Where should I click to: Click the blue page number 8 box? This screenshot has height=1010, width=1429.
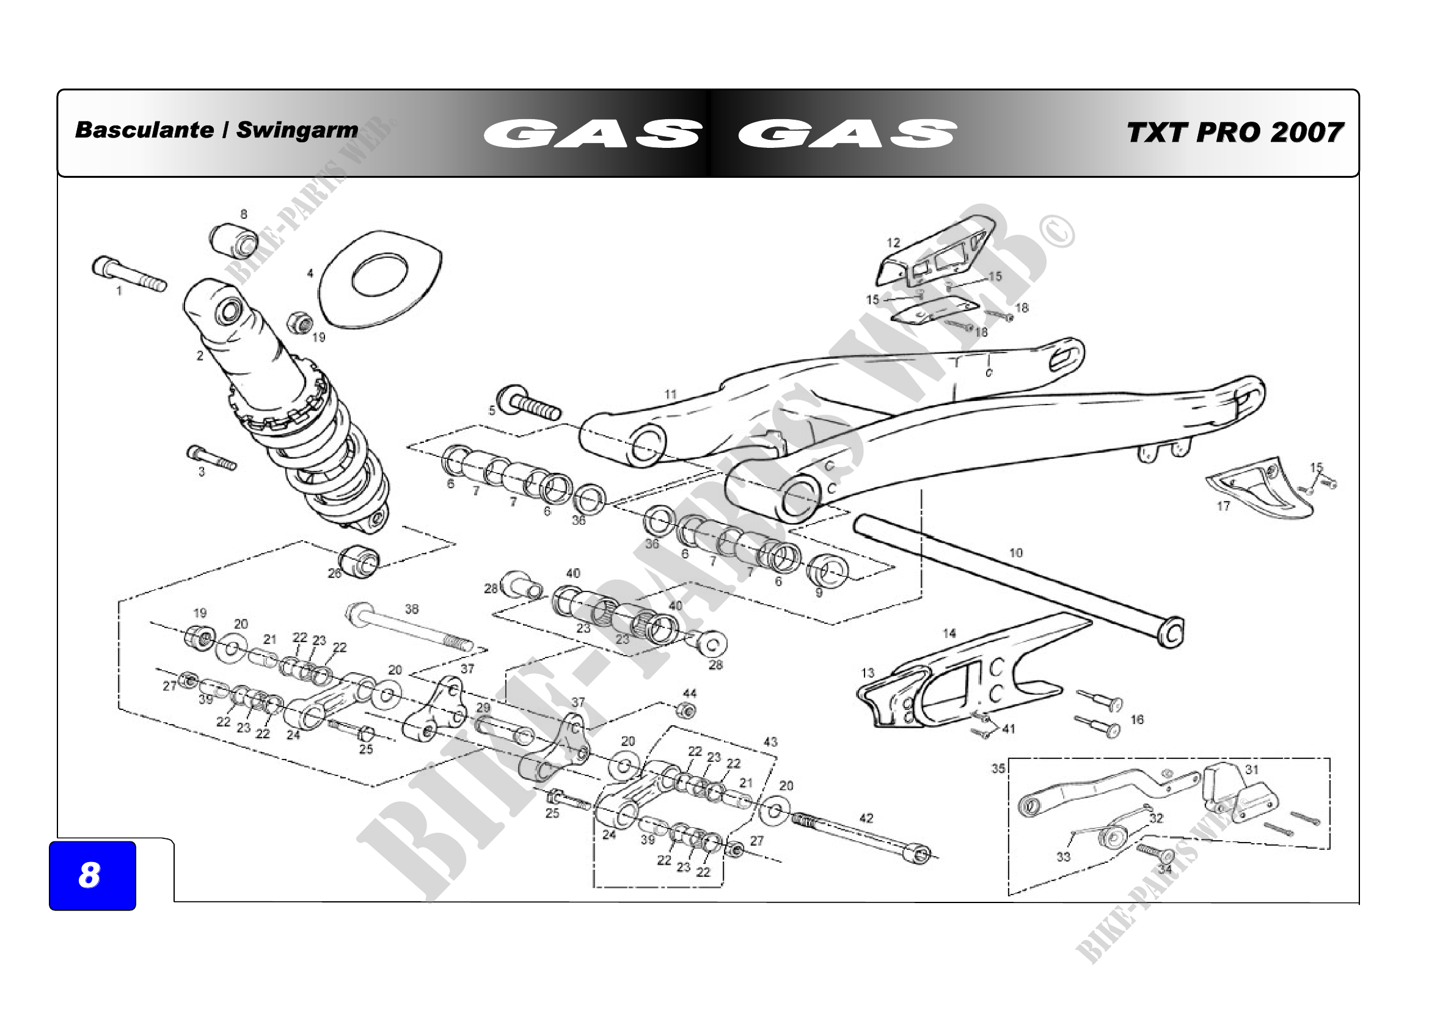(92, 875)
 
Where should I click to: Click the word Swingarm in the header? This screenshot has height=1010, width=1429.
(297, 130)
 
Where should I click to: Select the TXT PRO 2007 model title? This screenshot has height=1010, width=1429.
(1234, 133)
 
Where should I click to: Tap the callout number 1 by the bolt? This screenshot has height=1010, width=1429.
(119, 291)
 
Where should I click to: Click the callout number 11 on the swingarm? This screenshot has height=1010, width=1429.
(670, 394)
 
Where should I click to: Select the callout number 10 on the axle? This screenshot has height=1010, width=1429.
(1016, 552)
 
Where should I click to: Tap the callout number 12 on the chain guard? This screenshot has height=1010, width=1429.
(893, 243)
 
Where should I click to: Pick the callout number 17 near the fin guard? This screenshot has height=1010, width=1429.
(1223, 506)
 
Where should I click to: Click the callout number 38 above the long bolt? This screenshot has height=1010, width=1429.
(412, 609)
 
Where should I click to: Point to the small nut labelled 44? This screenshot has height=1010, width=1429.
(687, 710)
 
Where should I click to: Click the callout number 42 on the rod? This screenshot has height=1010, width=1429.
(866, 818)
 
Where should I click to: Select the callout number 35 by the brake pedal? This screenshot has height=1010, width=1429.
(998, 768)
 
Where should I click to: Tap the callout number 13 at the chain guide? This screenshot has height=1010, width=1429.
(868, 673)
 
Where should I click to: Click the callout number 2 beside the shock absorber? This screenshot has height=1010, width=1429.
(200, 356)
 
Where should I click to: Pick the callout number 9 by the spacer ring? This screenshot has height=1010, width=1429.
(819, 593)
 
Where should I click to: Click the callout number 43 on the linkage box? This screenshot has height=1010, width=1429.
(770, 742)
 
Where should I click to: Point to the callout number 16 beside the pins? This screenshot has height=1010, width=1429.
(1137, 719)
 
